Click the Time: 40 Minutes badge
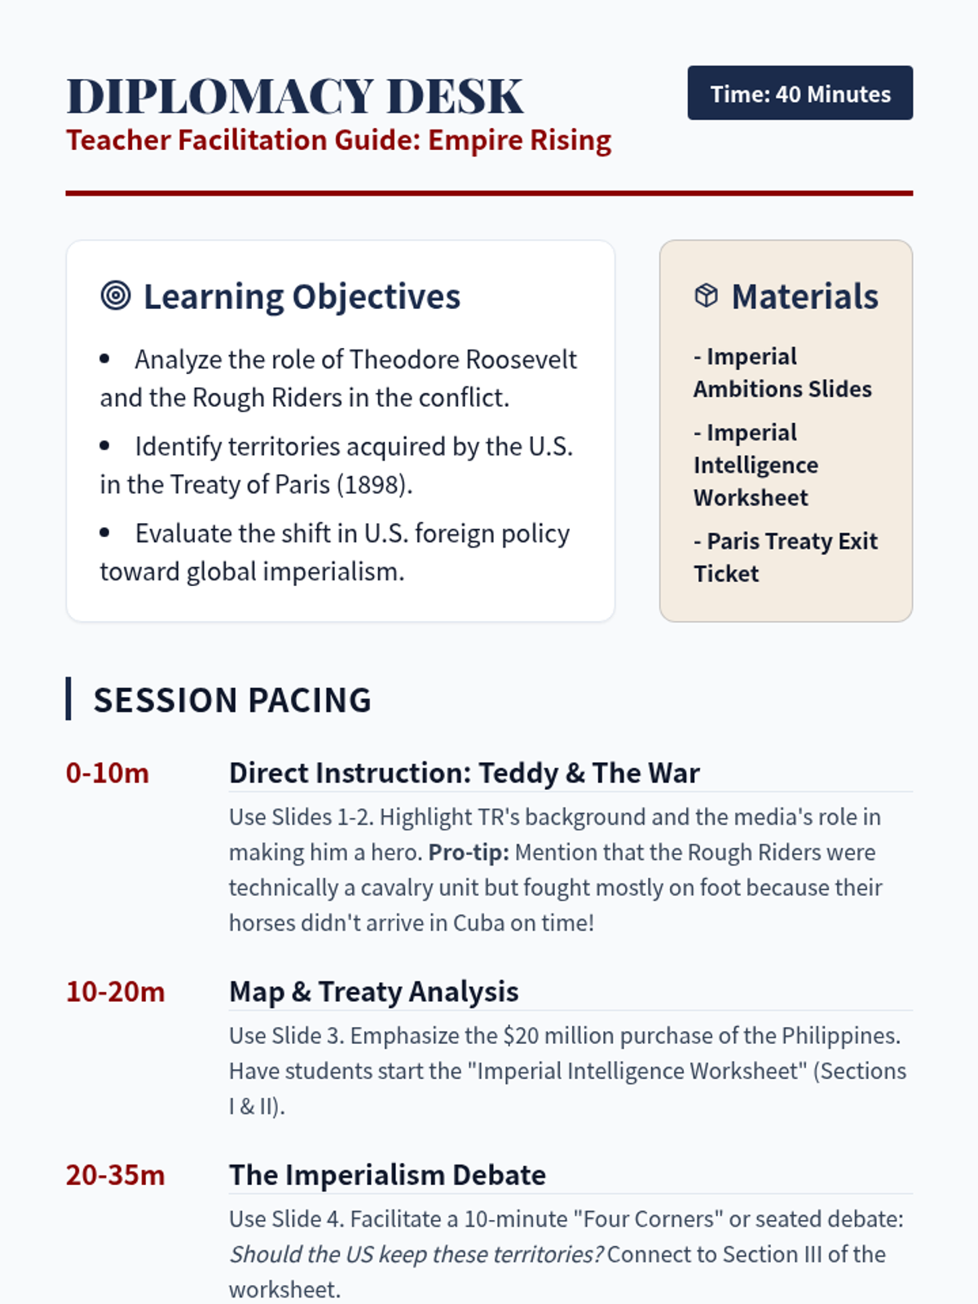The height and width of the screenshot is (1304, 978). point(800,93)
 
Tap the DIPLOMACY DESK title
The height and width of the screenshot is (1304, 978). point(295,95)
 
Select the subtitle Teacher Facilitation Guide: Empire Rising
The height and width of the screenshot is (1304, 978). point(338,141)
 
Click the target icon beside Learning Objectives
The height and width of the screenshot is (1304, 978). point(116,295)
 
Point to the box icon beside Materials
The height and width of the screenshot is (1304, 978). point(706,295)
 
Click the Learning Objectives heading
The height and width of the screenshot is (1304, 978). point(302,297)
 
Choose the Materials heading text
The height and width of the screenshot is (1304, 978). point(804,297)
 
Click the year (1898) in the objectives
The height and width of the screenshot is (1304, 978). point(374,485)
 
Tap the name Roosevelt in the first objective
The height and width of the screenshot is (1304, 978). point(522,359)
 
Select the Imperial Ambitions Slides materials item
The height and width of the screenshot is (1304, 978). point(782,373)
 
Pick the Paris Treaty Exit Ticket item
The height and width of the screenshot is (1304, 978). point(786,557)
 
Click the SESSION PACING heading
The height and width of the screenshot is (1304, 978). point(232,699)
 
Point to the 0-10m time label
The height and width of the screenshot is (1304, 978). point(108,773)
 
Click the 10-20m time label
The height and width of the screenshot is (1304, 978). point(116,992)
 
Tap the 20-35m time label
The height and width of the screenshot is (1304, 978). point(116,1175)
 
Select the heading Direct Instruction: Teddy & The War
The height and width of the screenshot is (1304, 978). point(465,773)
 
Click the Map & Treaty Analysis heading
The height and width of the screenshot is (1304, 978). point(374,992)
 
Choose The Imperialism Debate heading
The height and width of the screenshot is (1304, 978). point(388,1175)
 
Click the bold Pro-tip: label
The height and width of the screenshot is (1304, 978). point(469,852)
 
